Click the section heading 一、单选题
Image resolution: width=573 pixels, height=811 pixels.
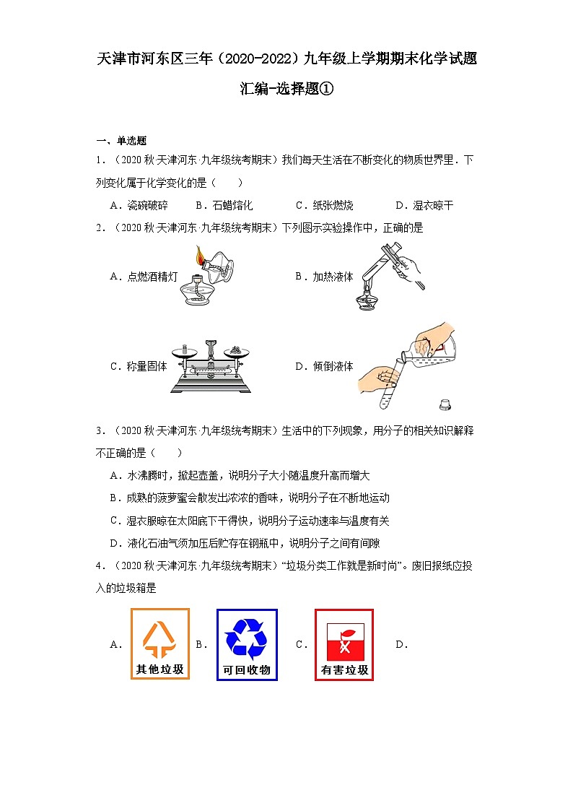[121, 141]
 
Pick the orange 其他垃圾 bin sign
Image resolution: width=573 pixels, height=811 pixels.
[160, 644]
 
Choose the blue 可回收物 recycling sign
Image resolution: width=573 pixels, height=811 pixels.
[247, 644]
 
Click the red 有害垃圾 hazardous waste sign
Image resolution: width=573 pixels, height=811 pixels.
[344, 644]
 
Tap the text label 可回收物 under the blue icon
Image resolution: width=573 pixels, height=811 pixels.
[247, 670]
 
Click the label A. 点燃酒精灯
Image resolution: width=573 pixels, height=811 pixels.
[144, 276]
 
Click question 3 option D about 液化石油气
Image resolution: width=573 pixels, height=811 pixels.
[245, 543]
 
